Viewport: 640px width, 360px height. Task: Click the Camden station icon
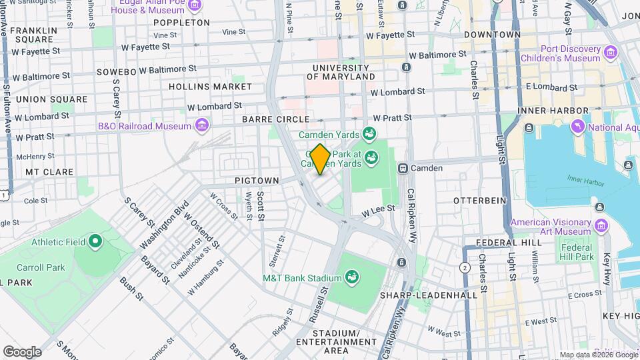click(403, 168)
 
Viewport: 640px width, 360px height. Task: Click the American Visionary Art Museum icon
click(601, 227)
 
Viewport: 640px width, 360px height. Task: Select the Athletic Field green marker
click(95, 241)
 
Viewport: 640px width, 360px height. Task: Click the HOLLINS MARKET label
click(210, 87)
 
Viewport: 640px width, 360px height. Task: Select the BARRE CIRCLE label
click(276, 119)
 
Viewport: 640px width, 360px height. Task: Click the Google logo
click(22, 351)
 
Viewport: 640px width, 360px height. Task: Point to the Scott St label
click(261, 206)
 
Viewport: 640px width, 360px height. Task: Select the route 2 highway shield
click(465, 267)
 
